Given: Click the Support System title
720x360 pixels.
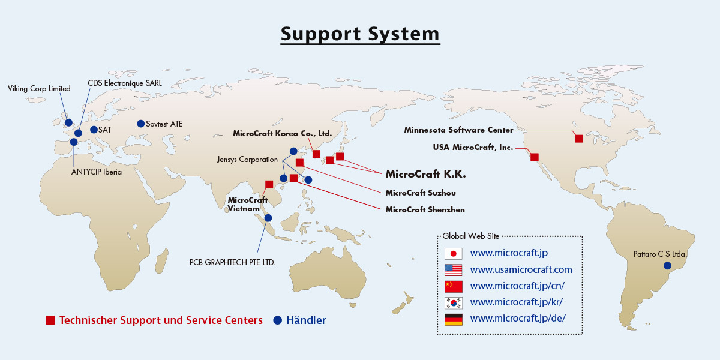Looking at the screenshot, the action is click(x=360, y=34).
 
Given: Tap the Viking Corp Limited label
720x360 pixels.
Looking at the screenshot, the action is click(x=39, y=88).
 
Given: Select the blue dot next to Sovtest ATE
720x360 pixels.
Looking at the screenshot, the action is click(x=140, y=124).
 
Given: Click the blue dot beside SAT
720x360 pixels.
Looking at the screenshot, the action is click(x=94, y=130).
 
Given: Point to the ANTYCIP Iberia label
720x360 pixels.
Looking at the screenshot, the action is click(x=97, y=172).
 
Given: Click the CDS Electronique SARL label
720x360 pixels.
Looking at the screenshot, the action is click(x=125, y=83).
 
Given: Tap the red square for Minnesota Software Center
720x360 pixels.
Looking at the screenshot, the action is click(x=579, y=139).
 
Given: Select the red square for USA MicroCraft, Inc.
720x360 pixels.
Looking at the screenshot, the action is click(x=534, y=157).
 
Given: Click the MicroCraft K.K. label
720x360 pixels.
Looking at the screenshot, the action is click(x=425, y=174).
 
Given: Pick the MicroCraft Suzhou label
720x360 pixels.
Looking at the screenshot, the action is click(x=421, y=193).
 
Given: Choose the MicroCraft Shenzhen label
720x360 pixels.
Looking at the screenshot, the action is click(x=425, y=209).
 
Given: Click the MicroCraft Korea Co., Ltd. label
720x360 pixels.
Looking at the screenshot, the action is click(x=282, y=133).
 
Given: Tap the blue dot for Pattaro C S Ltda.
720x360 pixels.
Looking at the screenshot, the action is click(x=667, y=265).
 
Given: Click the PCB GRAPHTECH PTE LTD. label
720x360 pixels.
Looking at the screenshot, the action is click(x=232, y=262).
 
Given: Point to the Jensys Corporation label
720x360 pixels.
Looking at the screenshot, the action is click(x=247, y=160).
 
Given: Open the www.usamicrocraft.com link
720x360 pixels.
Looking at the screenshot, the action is click(x=521, y=269).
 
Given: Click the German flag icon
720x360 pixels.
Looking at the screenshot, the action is click(x=453, y=319).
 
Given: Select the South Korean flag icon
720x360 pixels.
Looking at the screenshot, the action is click(x=453, y=303).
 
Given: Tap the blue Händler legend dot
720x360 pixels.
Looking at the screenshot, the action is click(x=277, y=320).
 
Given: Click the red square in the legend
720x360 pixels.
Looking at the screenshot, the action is click(x=50, y=320).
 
